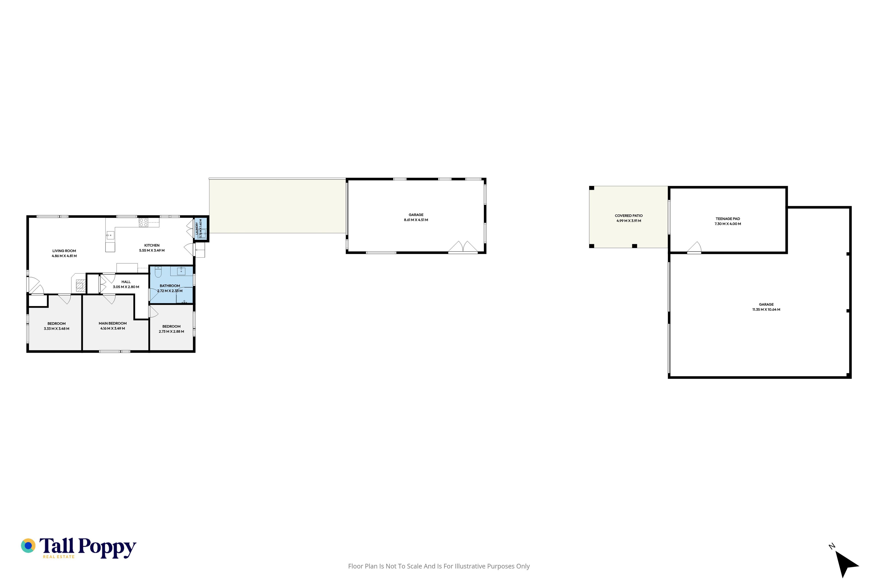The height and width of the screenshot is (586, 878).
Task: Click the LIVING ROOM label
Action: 64,251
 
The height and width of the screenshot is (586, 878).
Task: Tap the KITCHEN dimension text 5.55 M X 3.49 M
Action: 152,250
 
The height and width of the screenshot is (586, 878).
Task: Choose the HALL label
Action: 126,282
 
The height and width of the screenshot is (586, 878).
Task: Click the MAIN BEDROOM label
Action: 113,323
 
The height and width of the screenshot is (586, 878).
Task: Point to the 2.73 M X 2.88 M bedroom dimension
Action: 171,331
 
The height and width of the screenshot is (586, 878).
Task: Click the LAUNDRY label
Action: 197,229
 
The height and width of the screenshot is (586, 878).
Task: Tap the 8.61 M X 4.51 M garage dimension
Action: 416,220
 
